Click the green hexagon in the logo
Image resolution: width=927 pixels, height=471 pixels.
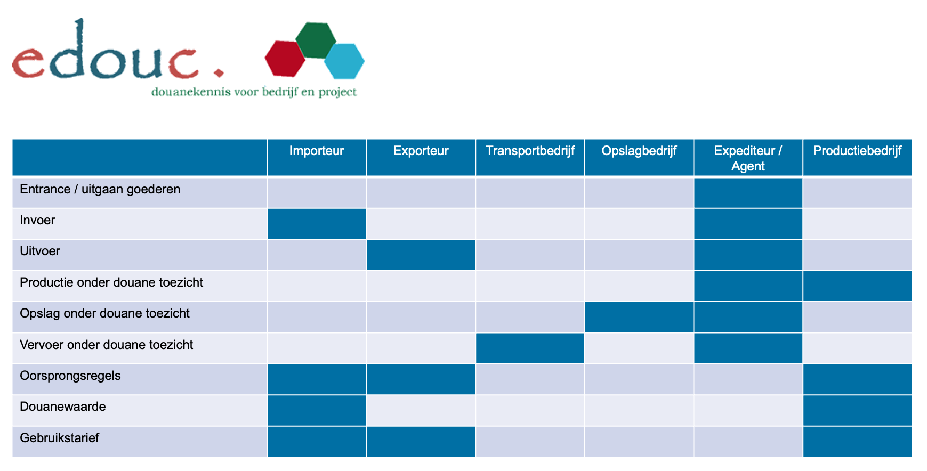[315, 39]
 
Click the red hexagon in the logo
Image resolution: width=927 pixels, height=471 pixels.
[285, 59]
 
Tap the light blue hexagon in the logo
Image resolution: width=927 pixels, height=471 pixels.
[344, 61]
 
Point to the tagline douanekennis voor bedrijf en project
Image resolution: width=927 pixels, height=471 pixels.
[254, 92]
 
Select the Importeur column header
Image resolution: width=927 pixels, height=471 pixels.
[316, 151]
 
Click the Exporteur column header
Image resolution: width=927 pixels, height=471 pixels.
[421, 151]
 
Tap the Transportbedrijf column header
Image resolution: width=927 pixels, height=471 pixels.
[530, 151]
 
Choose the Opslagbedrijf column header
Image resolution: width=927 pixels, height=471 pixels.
[639, 151]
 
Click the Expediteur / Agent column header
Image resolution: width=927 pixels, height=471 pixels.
[748, 158]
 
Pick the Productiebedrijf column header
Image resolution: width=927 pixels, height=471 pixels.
[857, 151]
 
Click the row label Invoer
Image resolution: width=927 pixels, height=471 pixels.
[37, 221]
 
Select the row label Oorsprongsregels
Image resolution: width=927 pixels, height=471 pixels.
[70, 376]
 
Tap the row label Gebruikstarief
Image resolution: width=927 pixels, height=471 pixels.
[59, 438]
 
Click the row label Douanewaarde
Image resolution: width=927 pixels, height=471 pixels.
[63, 407]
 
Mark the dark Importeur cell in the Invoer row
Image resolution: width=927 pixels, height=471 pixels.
[316, 224]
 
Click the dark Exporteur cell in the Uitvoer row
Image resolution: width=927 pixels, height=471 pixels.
[421, 255]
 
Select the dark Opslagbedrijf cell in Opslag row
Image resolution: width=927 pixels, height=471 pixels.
[639, 317]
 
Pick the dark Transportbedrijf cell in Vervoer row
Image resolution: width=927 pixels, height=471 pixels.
[530, 348]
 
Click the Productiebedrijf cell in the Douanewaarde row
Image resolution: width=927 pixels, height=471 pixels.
[857, 410]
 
